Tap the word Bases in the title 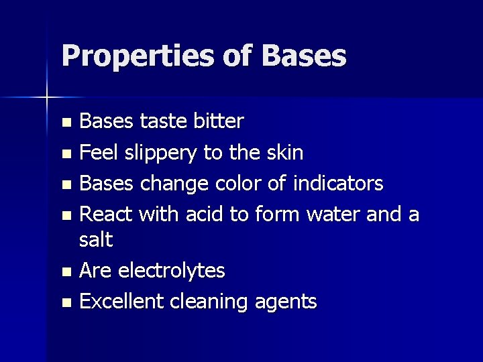[304, 56]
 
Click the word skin [286, 153]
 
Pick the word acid [205, 214]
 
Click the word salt [97, 239]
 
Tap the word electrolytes [171, 271]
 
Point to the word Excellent [122, 302]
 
